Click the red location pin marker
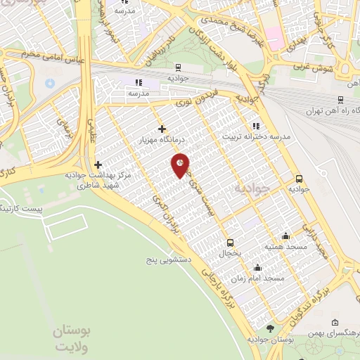pos(181,164)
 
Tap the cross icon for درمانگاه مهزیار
pos(162,129)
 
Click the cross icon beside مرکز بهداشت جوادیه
pos(98,165)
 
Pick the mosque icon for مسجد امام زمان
pos(258,268)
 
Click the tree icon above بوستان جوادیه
pos(271,328)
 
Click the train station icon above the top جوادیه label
pos(178,68)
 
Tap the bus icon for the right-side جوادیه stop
pos(299,179)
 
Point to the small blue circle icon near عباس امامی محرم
pos(50,83)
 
